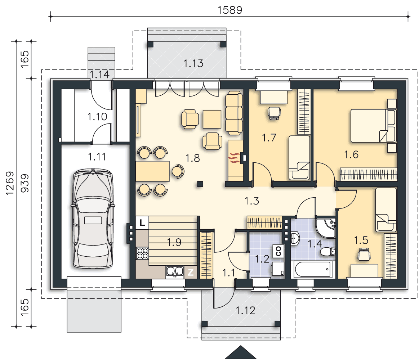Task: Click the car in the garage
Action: pos(93,219)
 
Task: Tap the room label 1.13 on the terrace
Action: pos(193,64)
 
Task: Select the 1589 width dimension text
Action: pos(230,10)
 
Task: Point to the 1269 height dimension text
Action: pos(10,183)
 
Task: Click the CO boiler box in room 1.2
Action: pos(278,251)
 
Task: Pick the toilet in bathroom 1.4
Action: pos(327,252)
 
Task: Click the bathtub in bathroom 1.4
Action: pos(313,270)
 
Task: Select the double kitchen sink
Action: pos(175,271)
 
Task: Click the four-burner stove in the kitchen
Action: pos(142,253)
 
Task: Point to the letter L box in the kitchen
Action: pos(142,222)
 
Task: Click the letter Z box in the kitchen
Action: pos(191,273)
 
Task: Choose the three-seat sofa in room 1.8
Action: pos(234,113)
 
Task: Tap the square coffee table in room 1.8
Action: pos(212,119)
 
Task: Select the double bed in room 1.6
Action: pos(373,126)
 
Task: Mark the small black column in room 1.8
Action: pos(200,184)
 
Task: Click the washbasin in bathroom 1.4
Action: pos(295,238)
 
